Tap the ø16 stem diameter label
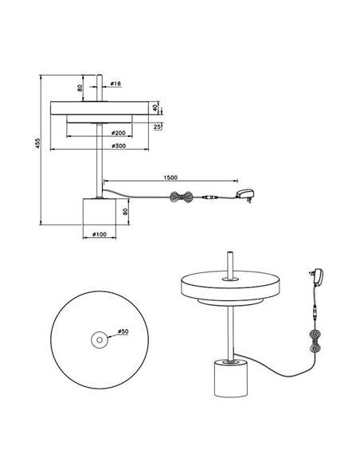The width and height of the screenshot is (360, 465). [116, 84]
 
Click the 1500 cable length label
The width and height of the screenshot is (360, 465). [169, 178]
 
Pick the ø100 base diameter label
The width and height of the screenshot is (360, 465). [100, 235]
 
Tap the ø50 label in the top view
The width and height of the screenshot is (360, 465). [123, 330]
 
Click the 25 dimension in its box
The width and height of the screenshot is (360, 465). [158, 126]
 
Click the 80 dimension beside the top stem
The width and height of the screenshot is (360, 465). [81, 88]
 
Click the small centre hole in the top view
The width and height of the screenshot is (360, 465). [99, 340]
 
